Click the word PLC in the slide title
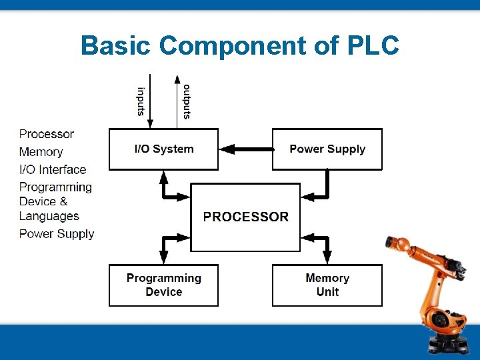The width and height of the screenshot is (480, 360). pos(373,46)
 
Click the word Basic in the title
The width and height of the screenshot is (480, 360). pos(116,46)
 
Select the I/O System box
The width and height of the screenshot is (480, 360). pos(163,149)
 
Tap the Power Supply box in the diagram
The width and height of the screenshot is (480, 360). pos(327,149)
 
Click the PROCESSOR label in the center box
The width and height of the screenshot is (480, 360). pos(245,217)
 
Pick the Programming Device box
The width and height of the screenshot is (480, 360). pos(163,285)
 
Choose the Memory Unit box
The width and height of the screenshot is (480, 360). pos(327,285)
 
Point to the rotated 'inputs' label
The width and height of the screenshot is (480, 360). pos(141,102)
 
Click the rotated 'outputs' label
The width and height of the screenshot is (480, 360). pos(187,102)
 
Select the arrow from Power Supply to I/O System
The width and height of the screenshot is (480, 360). pos(245,149)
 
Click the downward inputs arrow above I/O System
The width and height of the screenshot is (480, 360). pos(151,100)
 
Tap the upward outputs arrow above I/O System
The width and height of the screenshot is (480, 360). pos(177,100)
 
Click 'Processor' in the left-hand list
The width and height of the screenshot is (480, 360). pos(47,134)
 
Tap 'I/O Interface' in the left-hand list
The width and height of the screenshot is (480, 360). pos(53,169)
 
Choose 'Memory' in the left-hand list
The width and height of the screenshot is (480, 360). pos(41,152)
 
